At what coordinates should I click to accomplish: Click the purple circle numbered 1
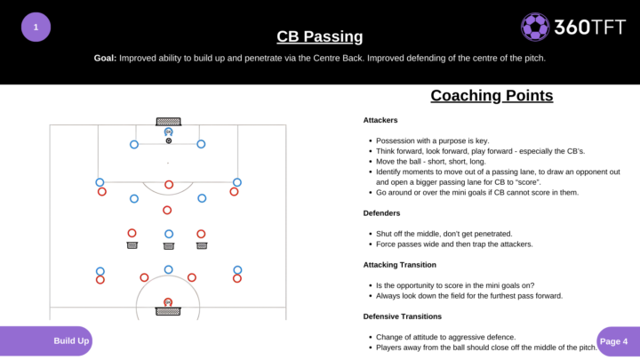coord(36,27)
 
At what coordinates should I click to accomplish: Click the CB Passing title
coord(320,36)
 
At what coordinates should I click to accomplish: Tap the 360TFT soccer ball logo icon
coord(535,27)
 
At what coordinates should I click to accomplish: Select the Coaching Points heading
coord(492,96)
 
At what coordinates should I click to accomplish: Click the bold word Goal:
coord(105,58)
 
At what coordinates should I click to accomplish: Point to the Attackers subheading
coord(380,120)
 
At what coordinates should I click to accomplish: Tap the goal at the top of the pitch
coord(168,121)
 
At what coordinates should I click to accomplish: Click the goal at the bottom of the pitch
coord(168,310)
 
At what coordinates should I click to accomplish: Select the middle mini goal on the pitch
coord(168,246)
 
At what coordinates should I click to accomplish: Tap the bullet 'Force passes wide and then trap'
coord(453,244)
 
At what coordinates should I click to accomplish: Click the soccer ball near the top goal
coord(168,140)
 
